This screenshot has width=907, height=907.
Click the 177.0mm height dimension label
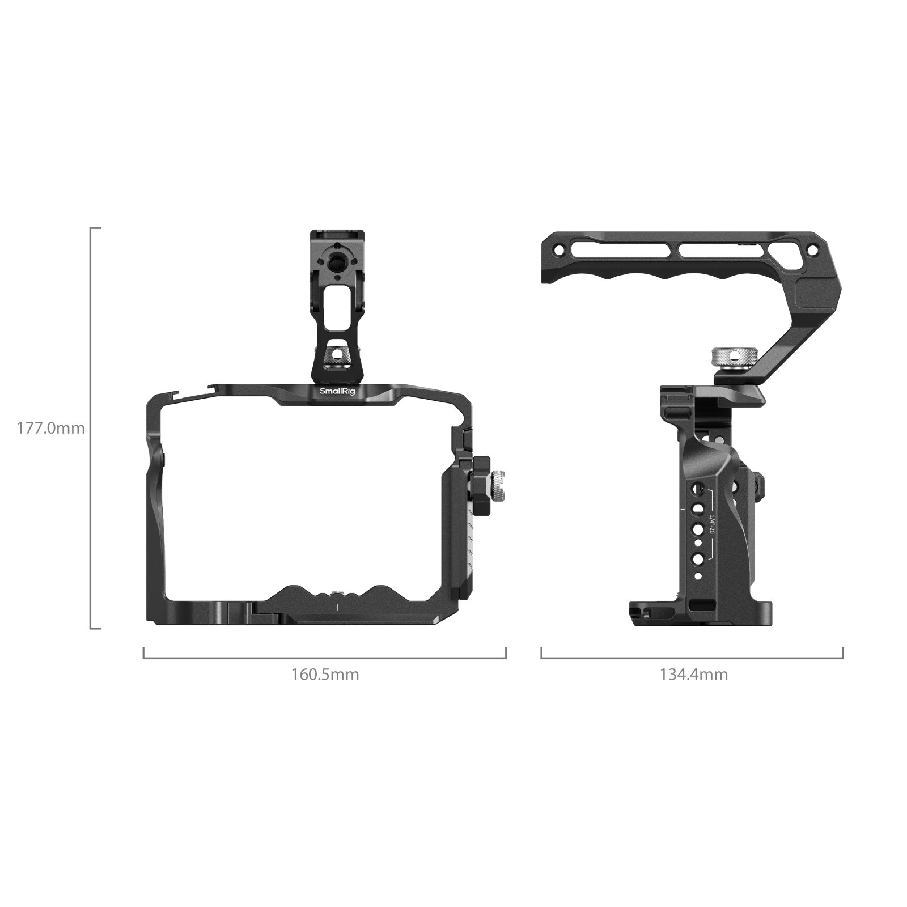(50, 428)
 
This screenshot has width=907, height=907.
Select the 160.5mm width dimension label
(325, 675)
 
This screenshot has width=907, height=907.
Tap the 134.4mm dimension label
(693, 675)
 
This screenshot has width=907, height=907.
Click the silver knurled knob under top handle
(728, 358)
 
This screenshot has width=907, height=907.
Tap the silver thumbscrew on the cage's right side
(498, 486)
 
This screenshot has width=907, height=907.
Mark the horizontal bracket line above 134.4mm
(692, 658)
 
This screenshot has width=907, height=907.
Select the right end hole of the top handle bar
(812, 250)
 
